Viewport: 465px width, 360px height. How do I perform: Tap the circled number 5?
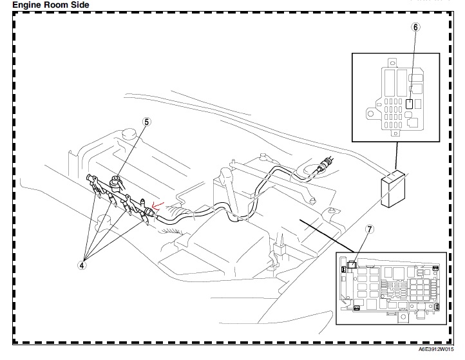[x=146, y=121]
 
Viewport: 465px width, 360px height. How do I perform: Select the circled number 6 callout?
[x=415, y=27]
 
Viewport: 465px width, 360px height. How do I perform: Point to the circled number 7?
[x=369, y=229]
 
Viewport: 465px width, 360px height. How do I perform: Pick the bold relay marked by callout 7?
[x=351, y=265]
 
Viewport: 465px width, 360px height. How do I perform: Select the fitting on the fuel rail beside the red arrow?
[x=149, y=210]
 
